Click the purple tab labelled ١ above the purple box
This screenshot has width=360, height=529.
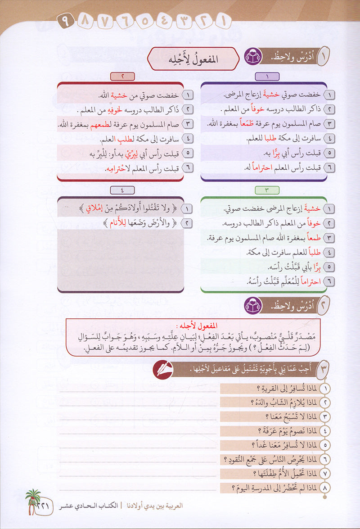click(x=267, y=77)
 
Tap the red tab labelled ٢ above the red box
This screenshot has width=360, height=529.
click(x=122, y=77)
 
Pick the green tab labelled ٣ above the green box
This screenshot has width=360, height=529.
click(x=267, y=190)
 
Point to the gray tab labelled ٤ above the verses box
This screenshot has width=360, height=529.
click(x=122, y=190)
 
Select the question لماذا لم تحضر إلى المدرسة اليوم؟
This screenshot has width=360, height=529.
click(x=275, y=487)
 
